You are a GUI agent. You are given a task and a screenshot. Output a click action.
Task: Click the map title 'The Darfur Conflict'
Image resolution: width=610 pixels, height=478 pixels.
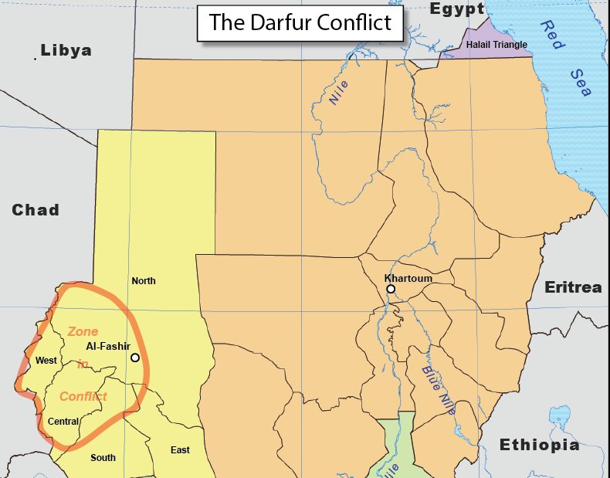[x=300, y=23]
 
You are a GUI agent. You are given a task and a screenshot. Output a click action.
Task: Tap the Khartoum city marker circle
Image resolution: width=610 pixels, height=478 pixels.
[x=391, y=289]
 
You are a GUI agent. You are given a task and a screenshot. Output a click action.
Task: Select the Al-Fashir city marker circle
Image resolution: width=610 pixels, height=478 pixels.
[x=135, y=358]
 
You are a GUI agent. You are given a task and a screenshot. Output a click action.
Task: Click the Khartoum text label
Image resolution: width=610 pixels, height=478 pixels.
[x=408, y=278]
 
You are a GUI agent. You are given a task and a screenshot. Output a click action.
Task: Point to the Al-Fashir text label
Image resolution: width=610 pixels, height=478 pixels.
[x=107, y=346]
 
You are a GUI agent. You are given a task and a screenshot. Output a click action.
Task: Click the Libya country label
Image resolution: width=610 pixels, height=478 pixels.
[x=66, y=51]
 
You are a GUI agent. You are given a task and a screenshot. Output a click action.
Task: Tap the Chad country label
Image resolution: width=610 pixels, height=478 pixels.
[x=36, y=210]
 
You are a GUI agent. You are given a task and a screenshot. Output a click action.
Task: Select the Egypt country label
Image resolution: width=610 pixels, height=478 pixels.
[x=457, y=9]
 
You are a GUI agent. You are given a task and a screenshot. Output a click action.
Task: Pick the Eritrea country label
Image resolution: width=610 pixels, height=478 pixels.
[x=573, y=287]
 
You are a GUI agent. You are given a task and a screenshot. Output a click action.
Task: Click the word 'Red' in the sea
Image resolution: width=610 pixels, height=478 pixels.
[x=550, y=34]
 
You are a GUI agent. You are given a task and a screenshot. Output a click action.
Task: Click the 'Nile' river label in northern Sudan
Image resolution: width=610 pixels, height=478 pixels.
[x=339, y=92]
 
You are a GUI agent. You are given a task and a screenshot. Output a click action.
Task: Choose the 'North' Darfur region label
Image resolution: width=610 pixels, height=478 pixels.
[x=143, y=280]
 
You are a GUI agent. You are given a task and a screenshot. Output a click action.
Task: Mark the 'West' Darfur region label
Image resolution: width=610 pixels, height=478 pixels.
[x=46, y=361]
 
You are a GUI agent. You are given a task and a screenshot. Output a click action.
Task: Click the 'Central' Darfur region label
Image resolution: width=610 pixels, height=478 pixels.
[x=63, y=422]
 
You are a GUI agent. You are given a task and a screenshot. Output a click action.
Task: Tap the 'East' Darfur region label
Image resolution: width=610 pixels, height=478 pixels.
[x=180, y=450]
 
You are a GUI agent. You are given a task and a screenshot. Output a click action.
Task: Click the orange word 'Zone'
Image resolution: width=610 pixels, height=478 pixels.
[x=83, y=331]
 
